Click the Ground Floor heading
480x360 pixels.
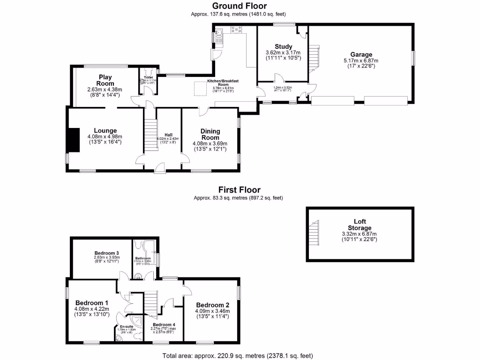(240, 6)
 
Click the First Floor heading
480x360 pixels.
(240, 190)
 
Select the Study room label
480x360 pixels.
(284, 46)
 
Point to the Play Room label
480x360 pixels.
(104, 80)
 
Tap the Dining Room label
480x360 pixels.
(210, 134)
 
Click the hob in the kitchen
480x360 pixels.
(236, 31)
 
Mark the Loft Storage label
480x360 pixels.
(360, 225)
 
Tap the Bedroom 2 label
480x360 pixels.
(212, 304)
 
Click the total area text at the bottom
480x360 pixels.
(238, 355)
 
